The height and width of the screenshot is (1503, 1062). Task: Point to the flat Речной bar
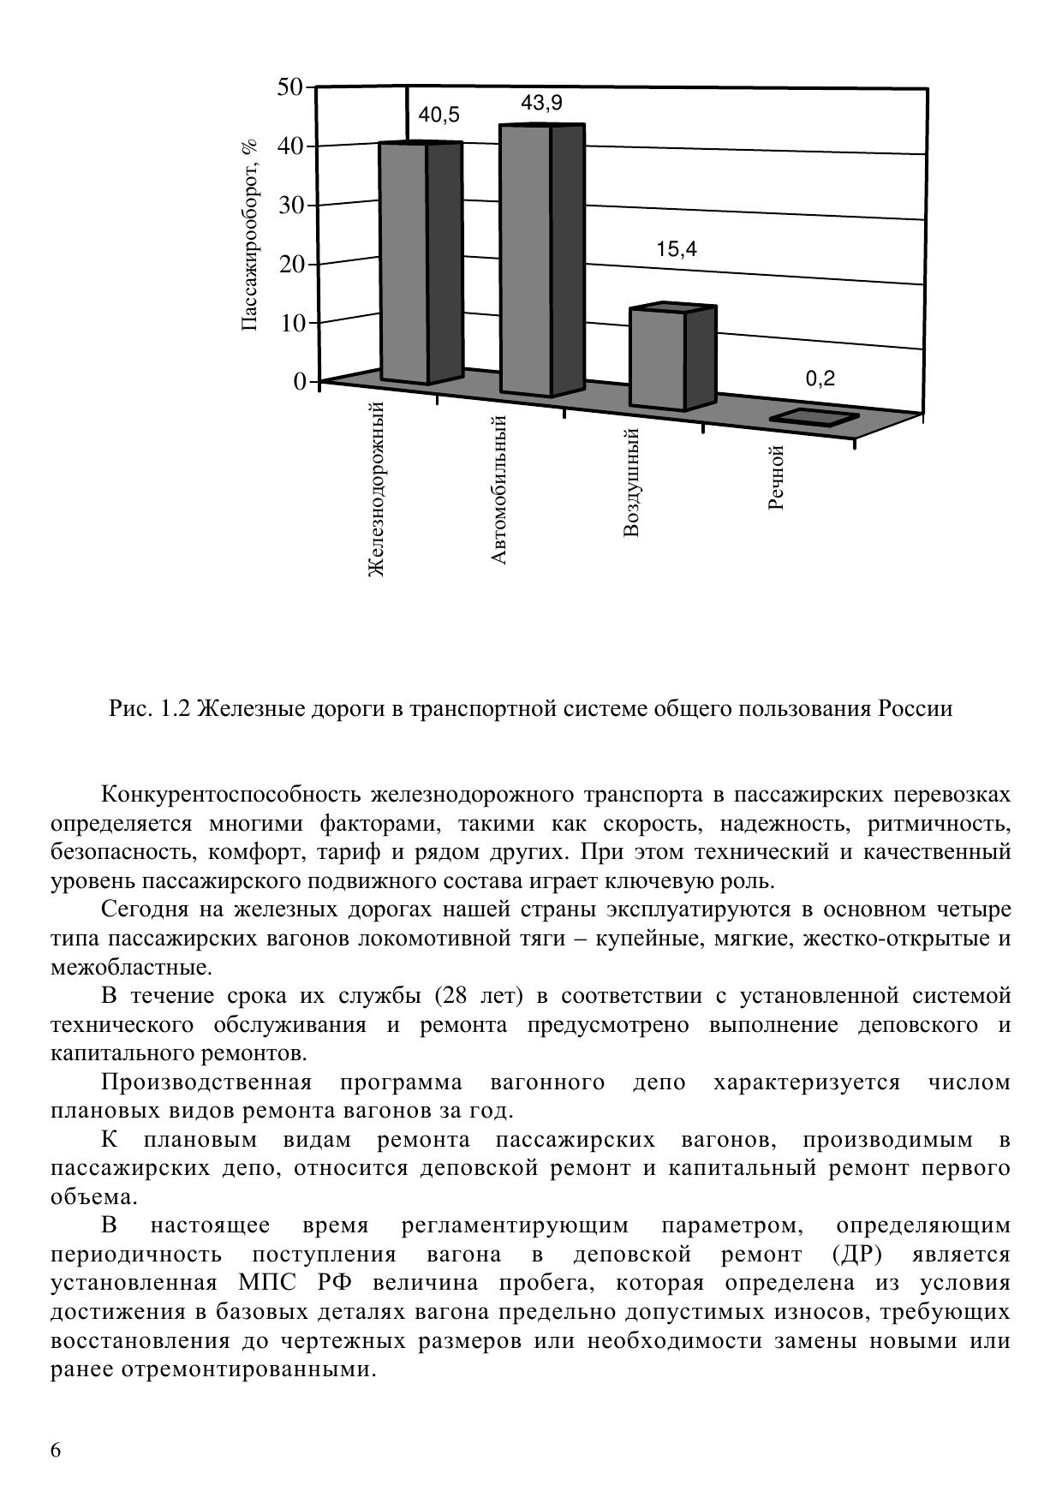click(814, 417)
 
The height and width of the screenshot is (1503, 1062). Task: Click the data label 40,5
click(439, 115)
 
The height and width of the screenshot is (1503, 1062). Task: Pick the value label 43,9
click(541, 104)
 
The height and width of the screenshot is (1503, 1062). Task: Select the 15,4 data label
click(677, 249)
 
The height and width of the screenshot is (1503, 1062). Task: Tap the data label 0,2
click(820, 379)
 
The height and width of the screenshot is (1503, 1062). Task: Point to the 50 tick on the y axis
click(290, 87)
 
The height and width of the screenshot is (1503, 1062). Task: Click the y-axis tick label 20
click(290, 264)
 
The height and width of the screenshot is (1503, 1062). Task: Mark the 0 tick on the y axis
click(299, 382)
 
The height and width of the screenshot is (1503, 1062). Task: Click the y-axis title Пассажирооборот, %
click(249, 236)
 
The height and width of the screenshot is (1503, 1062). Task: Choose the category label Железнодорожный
click(376, 489)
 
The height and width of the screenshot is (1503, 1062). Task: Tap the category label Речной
click(777, 477)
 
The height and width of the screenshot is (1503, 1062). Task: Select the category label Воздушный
click(632, 482)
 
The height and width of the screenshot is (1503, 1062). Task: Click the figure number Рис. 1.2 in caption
click(151, 709)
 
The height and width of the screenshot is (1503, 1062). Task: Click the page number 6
click(57, 1450)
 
